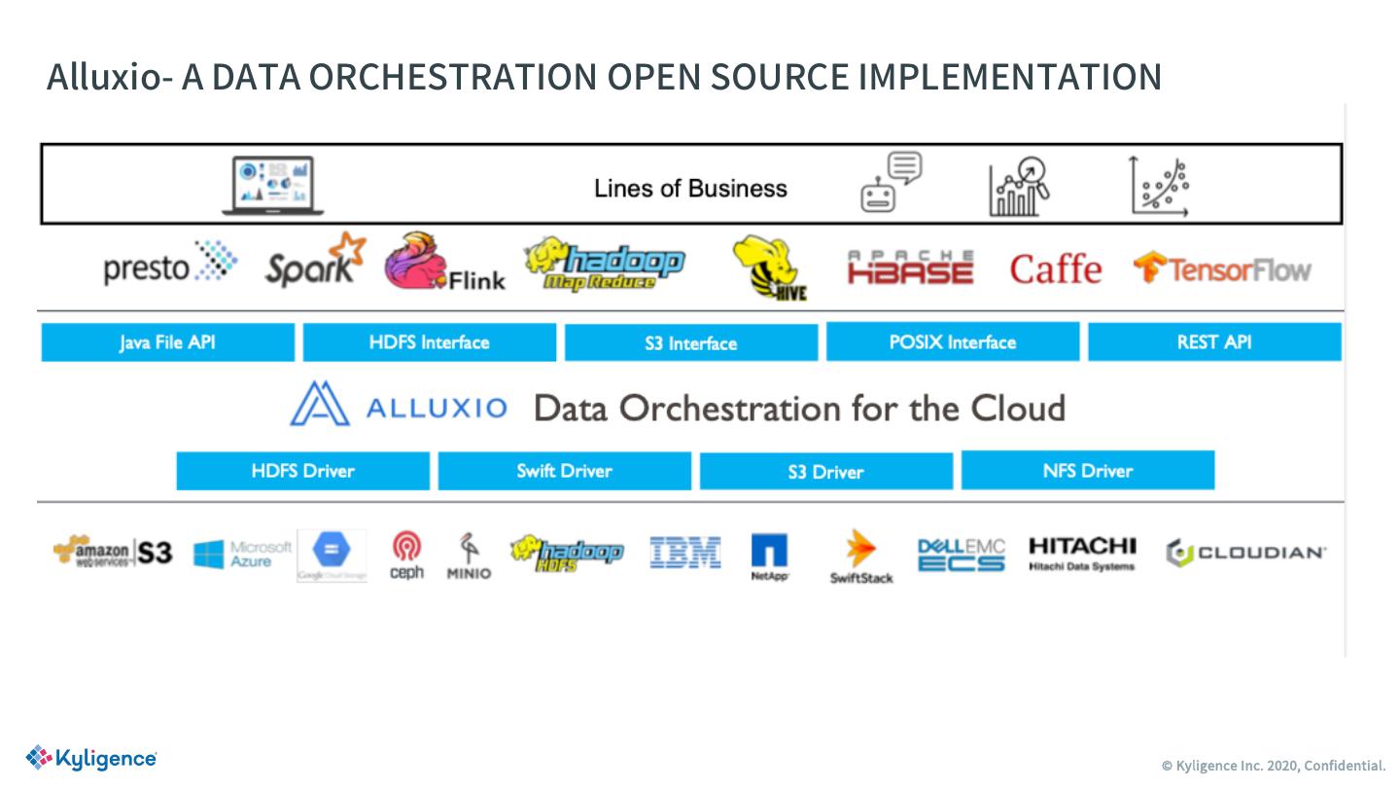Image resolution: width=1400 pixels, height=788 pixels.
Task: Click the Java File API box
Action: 167,342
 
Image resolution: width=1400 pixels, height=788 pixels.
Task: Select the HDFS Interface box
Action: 429,342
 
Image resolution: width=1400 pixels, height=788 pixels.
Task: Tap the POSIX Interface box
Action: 952,342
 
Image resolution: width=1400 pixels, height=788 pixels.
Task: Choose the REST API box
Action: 1213,342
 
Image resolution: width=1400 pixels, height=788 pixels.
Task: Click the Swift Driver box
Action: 564,471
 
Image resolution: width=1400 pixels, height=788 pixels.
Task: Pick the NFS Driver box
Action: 1087,471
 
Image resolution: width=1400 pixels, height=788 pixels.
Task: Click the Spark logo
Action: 315,262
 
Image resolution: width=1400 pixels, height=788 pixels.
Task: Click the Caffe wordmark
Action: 1055,269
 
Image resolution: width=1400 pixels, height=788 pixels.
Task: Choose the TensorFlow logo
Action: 1222,269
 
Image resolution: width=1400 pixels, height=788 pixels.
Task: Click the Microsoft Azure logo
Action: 242,555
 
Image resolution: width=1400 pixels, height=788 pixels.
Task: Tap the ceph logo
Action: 406,555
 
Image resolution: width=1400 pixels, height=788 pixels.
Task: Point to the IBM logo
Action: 685,553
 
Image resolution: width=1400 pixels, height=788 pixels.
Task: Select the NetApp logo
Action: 769,556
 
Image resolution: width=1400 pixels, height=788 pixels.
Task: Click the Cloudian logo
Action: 1245,553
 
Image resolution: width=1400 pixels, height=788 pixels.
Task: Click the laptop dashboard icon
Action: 272,185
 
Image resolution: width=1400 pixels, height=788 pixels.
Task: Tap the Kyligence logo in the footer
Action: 91,758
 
